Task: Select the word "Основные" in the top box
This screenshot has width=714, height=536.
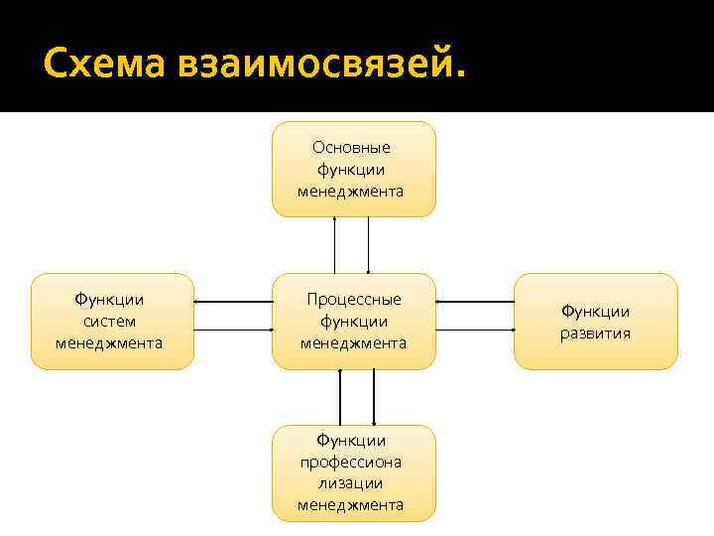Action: click(x=352, y=147)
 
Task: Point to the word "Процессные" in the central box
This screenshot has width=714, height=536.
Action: click(x=354, y=299)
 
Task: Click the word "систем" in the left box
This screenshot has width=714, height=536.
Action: click(x=110, y=321)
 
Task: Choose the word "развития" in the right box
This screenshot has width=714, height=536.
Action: click(x=595, y=333)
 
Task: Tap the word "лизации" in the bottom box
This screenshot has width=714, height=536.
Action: click(x=351, y=482)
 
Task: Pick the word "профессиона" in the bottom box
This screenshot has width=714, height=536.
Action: click(x=351, y=461)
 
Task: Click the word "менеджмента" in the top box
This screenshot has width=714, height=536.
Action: click(x=351, y=191)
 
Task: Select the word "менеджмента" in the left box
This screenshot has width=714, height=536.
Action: click(x=110, y=342)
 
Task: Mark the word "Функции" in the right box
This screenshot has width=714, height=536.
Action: click(x=595, y=311)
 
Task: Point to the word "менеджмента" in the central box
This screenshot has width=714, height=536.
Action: click(x=354, y=342)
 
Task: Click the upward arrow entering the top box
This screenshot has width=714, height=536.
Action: click(x=335, y=244)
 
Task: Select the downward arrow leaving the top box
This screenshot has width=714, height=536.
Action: click(x=369, y=244)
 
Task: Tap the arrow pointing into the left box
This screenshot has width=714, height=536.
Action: click(x=233, y=301)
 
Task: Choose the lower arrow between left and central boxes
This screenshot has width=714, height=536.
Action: click(x=233, y=330)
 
